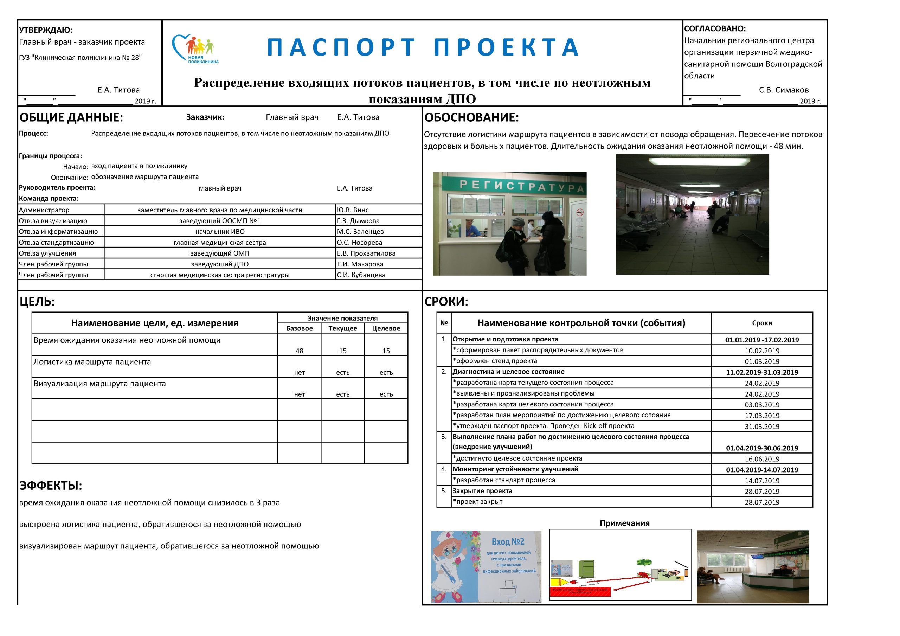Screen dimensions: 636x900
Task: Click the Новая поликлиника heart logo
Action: [x=195, y=49]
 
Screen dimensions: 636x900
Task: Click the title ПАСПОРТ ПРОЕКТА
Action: [x=423, y=47]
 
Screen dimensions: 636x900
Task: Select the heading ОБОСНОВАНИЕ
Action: [x=471, y=117]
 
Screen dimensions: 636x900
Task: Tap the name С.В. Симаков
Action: [x=783, y=90]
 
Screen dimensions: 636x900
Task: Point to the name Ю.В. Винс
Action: [x=352, y=210]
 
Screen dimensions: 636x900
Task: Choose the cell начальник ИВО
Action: [x=219, y=231]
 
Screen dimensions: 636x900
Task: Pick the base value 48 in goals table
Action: [x=299, y=351]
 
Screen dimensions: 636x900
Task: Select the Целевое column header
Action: [x=386, y=328]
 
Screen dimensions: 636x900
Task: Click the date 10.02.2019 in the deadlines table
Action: [x=761, y=351]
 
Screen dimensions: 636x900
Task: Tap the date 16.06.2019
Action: [x=761, y=459]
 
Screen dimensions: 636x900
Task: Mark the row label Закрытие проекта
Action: [x=482, y=491]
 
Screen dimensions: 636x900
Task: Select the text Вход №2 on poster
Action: [x=508, y=541]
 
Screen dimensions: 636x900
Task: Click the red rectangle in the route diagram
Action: [x=580, y=592]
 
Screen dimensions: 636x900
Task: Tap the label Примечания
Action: [x=624, y=523]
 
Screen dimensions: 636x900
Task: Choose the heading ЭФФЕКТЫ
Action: [x=51, y=486]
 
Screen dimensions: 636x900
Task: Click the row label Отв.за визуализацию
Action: [x=53, y=221]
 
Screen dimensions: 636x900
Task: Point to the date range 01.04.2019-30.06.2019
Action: [x=761, y=448]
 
